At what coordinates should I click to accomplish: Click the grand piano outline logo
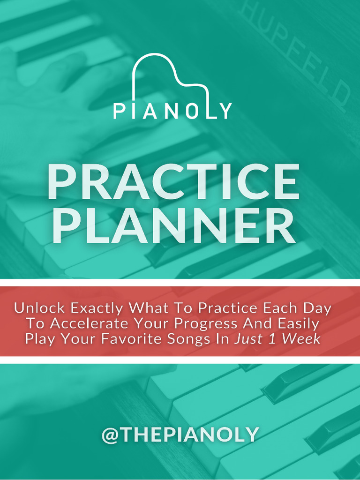[x=170, y=77]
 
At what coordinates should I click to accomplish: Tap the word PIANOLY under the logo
[x=172, y=112]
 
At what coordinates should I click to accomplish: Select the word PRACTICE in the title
[x=173, y=182]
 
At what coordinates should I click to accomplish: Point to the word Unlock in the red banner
[x=40, y=308]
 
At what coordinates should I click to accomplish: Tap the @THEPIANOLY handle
[x=180, y=435]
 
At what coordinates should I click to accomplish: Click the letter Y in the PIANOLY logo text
[x=225, y=112]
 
